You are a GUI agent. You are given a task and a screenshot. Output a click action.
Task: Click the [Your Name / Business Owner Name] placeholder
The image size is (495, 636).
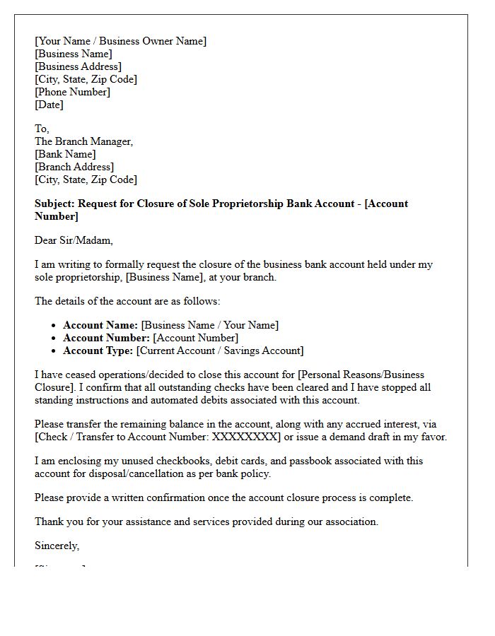[x=120, y=41]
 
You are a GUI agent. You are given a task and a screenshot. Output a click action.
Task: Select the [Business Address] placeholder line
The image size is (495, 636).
[x=78, y=66]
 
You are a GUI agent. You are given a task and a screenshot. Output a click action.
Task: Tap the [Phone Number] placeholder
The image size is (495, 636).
[x=72, y=92]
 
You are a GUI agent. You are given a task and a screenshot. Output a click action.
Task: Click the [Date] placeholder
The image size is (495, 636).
[x=49, y=105]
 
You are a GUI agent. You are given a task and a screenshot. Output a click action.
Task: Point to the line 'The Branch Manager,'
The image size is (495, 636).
[x=83, y=141]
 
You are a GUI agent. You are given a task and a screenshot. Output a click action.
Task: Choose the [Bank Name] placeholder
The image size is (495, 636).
[x=65, y=154]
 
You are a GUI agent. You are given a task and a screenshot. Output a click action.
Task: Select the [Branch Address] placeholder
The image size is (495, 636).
[x=74, y=167]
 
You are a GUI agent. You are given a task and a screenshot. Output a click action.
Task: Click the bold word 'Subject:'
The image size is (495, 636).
[x=54, y=204]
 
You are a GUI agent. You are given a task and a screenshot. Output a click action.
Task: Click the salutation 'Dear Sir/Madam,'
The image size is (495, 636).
[x=74, y=240]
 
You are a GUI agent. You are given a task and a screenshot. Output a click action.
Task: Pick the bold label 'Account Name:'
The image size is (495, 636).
[x=100, y=325]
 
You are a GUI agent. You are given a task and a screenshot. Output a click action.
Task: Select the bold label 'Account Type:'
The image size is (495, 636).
[x=98, y=351]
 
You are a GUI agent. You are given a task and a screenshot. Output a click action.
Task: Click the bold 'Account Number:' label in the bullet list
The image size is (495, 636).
[x=106, y=338]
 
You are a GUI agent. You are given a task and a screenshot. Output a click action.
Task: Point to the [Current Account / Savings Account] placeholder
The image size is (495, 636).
[x=220, y=351]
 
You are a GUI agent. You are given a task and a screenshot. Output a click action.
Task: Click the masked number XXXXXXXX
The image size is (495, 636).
[x=247, y=437]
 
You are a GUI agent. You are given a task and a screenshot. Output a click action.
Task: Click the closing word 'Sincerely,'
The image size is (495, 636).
[x=57, y=546]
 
